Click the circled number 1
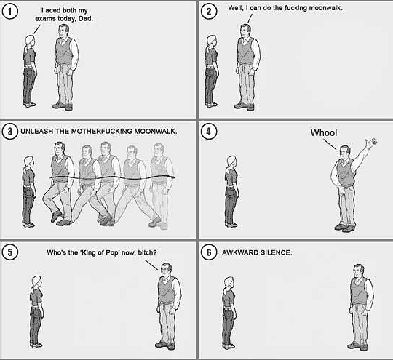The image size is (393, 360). pos(10,12)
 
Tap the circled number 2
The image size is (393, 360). pos(209,12)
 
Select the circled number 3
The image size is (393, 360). pos(10,132)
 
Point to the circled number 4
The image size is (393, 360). pos(209,132)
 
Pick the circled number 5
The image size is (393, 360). pos(10,252)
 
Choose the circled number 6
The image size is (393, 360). pos(209,252)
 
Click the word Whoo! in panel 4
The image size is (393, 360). pos(324,133)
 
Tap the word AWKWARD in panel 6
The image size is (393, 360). pos(240,252)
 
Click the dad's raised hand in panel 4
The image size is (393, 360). pos(371,143)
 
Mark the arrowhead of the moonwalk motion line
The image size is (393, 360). pos(173,177)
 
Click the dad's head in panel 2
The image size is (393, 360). pos(245,31)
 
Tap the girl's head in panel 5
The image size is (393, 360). pos(36,282)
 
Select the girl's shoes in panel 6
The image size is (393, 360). pos(229,347)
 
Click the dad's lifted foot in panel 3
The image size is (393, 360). pos(56,216)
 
